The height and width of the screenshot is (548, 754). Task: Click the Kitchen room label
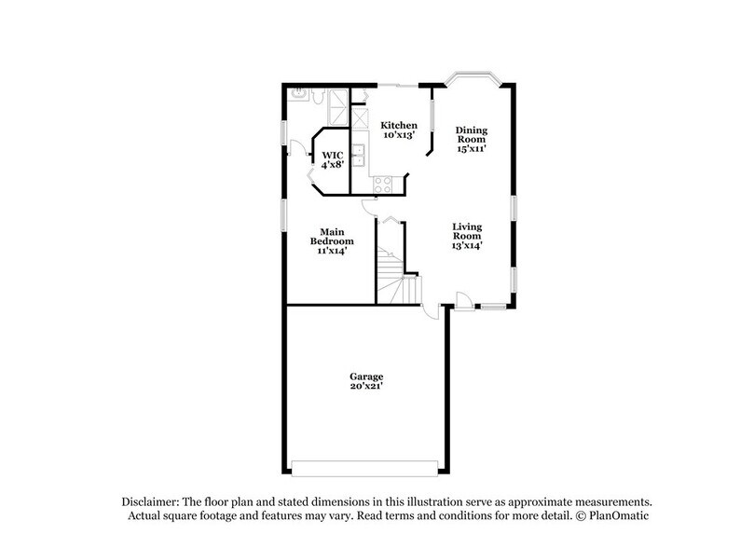pos(399,125)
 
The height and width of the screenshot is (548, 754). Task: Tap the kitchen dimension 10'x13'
pos(399,135)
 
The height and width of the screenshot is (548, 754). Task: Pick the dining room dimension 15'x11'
pos(471,147)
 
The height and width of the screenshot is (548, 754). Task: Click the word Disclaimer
pos(148,500)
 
